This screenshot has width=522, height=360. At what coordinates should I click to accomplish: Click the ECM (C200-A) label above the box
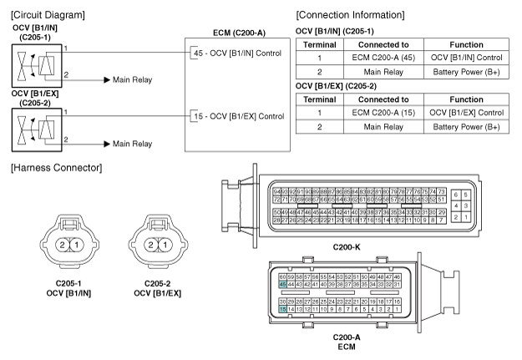[238, 33]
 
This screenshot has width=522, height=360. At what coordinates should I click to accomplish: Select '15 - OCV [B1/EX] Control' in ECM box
[237, 115]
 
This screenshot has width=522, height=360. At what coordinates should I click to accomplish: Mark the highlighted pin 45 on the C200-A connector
[282, 284]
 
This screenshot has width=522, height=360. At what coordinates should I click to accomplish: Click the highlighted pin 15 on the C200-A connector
[282, 309]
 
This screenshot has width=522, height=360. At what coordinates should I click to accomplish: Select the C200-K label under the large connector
[347, 247]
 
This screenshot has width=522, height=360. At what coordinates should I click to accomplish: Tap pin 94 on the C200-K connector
[277, 192]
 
